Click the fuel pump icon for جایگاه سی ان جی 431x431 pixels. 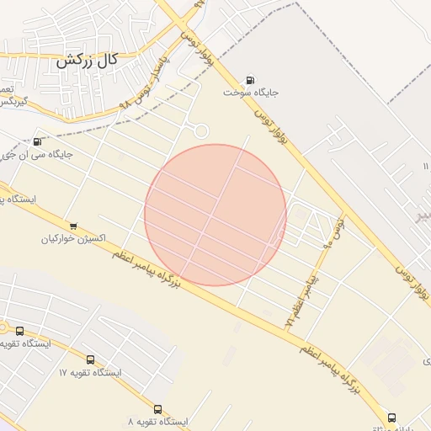(37, 141)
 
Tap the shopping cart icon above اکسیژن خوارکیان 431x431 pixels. (73, 225)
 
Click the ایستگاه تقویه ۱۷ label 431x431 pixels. (90, 372)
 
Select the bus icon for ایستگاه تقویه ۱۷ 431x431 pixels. (90, 359)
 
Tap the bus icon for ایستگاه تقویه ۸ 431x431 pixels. (158, 408)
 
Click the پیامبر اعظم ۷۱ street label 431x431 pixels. (301, 299)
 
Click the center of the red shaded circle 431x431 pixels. (215, 215)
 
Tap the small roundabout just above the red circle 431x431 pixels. (200, 130)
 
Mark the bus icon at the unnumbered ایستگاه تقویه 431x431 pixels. (19, 332)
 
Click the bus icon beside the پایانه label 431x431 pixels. (391, 417)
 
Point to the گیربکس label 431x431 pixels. (12, 102)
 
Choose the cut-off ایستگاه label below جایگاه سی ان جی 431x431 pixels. (16, 200)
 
